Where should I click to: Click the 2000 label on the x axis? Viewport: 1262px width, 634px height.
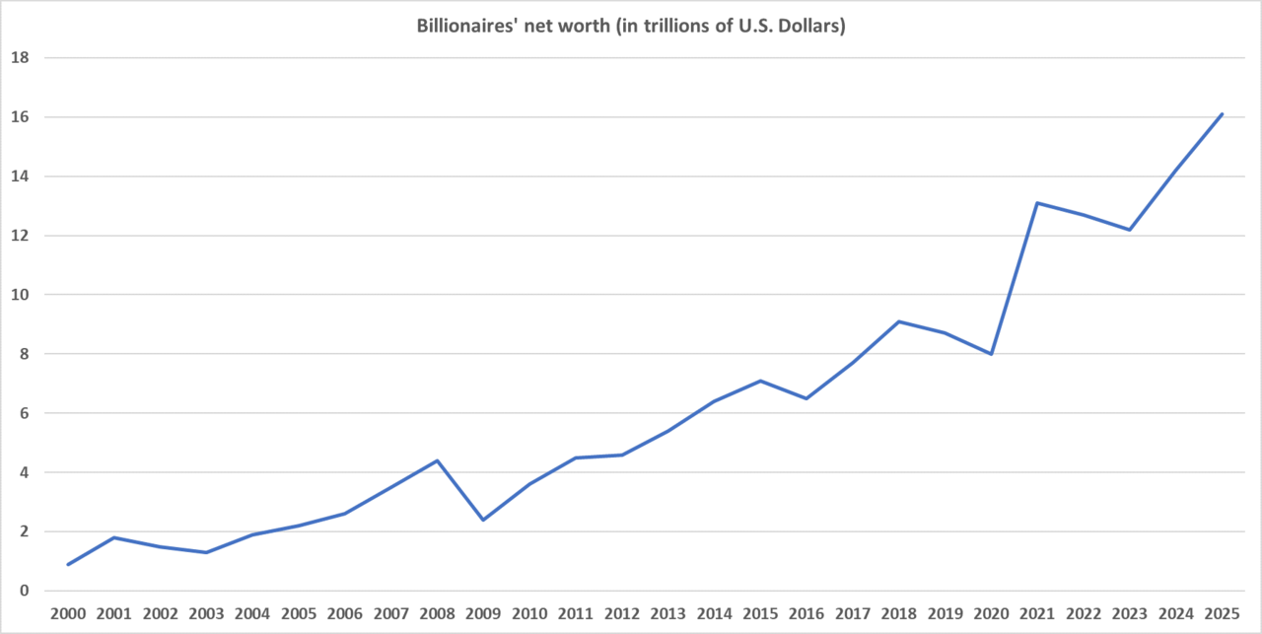(x=67, y=614)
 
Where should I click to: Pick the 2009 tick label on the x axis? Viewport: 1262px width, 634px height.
(x=483, y=614)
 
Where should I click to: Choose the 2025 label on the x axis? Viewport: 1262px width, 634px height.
(x=1222, y=614)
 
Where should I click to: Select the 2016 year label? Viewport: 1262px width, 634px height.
(x=806, y=614)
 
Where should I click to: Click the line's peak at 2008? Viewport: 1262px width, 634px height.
(x=437, y=460)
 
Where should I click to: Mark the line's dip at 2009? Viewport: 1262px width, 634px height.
(x=483, y=520)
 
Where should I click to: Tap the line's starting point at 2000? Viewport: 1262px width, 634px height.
(x=67, y=565)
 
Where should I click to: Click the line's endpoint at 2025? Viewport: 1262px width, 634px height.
(x=1223, y=113)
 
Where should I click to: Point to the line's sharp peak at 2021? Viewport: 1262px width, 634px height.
(x=1037, y=202)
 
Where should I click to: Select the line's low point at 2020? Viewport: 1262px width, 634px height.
(x=991, y=354)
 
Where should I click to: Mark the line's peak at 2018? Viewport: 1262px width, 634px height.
(x=899, y=321)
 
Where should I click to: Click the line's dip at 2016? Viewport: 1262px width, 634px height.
(x=806, y=398)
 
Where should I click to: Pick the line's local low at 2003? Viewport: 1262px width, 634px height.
(x=206, y=552)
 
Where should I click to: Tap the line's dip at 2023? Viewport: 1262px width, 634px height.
(x=1130, y=230)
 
